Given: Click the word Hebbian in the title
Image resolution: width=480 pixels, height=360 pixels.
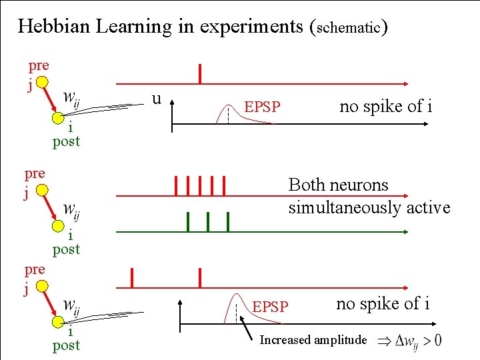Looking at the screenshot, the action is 54,26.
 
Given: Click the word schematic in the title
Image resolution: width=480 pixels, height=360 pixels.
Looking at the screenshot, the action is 349,28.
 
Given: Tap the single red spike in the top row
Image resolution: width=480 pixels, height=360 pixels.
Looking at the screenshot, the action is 200,74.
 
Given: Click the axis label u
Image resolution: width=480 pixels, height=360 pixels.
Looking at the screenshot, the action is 157,99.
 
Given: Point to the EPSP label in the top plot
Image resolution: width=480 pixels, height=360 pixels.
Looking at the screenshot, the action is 263,107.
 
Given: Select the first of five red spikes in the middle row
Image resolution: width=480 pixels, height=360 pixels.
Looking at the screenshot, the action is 176,186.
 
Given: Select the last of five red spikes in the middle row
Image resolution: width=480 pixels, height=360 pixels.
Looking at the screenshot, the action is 224,186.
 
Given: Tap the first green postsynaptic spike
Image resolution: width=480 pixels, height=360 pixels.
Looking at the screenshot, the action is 188,222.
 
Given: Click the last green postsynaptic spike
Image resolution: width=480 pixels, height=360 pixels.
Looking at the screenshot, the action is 228,222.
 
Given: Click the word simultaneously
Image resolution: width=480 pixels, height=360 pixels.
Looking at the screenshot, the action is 345,208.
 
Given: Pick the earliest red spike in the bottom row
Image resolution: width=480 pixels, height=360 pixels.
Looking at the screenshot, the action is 132,278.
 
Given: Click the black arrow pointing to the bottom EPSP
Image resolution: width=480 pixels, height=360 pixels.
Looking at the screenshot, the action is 246,328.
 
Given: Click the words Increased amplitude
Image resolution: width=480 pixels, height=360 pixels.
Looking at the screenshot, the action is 313,340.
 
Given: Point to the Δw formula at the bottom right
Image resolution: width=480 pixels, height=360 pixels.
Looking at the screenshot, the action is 409,341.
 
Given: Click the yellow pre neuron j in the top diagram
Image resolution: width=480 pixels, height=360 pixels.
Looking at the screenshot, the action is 42,82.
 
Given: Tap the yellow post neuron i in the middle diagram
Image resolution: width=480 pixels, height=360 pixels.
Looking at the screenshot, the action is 58,226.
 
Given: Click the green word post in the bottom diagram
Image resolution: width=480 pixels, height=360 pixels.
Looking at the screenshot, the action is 66,345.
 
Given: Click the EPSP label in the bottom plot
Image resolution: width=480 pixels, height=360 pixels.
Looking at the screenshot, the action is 270,307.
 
